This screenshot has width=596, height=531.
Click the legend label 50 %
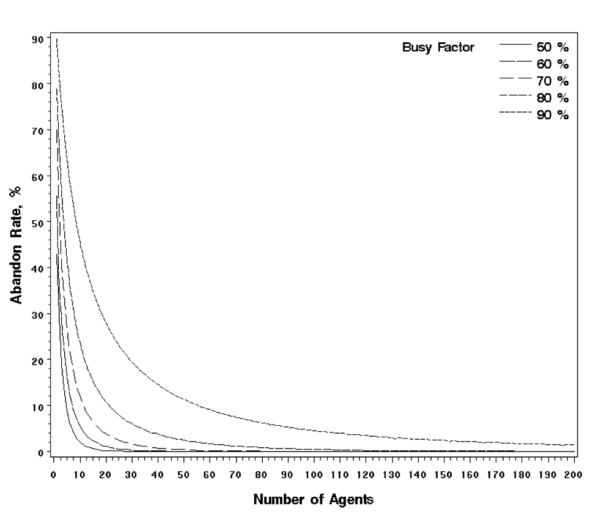coord(553,47)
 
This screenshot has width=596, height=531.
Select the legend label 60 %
coord(553,64)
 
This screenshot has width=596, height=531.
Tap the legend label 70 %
coord(553,81)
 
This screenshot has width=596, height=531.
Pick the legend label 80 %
coord(553,98)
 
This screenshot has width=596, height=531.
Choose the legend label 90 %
coord(553,115)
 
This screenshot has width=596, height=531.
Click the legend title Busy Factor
coord(438,47)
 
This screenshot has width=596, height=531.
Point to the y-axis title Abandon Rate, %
coord(17,243)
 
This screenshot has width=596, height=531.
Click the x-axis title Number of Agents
coord(314,500)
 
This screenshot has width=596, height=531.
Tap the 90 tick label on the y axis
coord(37,39)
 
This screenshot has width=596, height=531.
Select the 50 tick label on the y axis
coord(37,223)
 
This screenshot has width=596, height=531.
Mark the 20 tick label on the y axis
coord(37,360)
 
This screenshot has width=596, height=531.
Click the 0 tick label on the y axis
coord(40,453)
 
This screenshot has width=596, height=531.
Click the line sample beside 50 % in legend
coord(515,45)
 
